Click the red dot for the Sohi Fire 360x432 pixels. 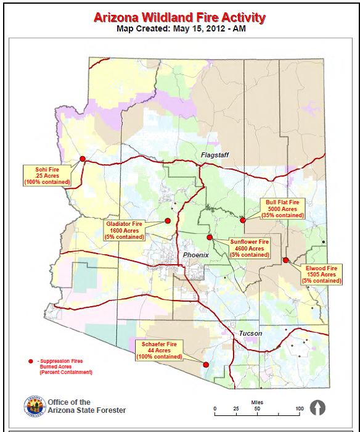tap(83, 159)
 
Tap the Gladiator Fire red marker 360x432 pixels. tap(167, 220)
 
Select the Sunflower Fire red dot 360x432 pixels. tap(210, 237)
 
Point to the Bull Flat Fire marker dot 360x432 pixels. tap(243, 220)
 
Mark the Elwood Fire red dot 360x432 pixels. tap(285, 260)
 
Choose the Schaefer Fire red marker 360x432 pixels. tap(206, 364)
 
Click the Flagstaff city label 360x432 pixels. tap(214, 155)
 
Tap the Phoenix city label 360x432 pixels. tap(197, 255)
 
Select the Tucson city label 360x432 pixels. tap(250, 333)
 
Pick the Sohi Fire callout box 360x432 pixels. tap(47, 175)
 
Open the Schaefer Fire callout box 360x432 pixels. tap(158, 350)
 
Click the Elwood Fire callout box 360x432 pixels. tap(322, 275)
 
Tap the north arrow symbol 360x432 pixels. tap(318, 408)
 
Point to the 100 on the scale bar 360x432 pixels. tap(299, 409)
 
